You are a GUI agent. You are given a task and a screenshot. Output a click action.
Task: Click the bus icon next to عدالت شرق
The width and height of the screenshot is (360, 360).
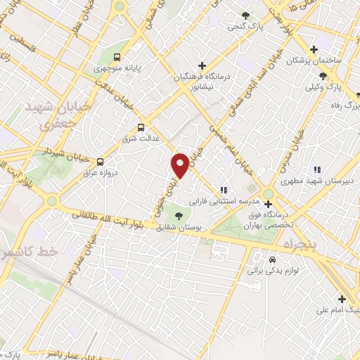141,127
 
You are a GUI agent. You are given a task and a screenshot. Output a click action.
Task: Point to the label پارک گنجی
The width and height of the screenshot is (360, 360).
244,27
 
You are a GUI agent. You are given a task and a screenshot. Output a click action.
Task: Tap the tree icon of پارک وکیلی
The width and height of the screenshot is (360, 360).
322,76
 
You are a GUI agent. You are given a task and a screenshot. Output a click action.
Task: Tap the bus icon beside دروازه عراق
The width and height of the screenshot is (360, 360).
100,160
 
